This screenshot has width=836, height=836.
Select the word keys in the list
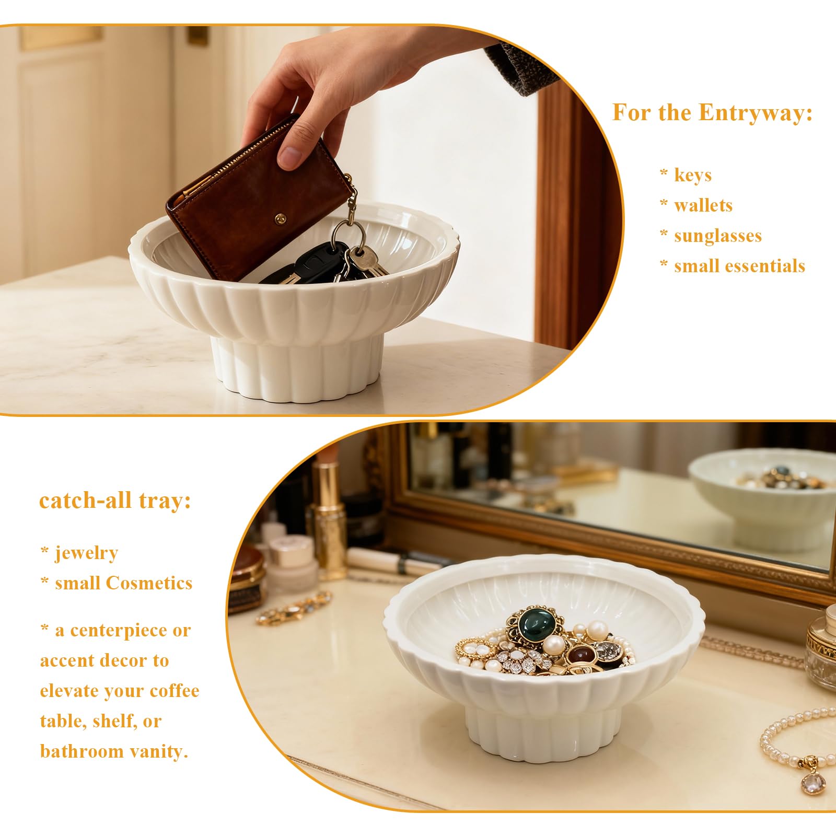(693, 176)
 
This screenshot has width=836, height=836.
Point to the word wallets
(703, 205)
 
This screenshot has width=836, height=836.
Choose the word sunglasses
(718, 236)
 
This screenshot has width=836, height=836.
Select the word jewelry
(87, 553)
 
